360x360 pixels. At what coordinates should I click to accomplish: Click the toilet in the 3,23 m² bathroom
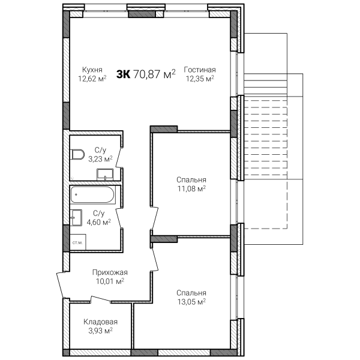(77, 155)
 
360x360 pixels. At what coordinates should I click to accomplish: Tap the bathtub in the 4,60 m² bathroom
(93, 194)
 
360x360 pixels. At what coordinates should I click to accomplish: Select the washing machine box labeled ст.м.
(78, 242)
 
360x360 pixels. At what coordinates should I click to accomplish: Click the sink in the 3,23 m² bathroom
(105, 175)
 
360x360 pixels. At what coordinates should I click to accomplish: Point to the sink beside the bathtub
(76, 217)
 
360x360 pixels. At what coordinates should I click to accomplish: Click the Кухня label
(92, 70)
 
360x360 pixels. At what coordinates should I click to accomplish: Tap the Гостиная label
(200, 70)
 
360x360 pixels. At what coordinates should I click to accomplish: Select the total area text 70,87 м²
(154, 74)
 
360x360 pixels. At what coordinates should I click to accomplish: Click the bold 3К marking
(123, 74)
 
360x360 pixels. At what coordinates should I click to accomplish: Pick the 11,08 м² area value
(191, 188)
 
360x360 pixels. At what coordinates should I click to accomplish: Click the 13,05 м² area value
(191, 301)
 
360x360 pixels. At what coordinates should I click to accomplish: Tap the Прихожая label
(110, 272)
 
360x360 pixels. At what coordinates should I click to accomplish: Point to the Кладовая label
(100, 322)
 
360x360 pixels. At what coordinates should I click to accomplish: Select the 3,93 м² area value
(100, 331)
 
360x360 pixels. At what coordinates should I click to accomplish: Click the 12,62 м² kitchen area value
(92, 79)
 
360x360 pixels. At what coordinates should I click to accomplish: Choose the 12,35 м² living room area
(200, 79)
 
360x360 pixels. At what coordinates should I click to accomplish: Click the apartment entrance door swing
(60, 284)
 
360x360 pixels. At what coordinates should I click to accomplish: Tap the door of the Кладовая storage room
(101, 299)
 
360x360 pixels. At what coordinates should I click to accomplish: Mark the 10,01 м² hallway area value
(110, 281)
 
